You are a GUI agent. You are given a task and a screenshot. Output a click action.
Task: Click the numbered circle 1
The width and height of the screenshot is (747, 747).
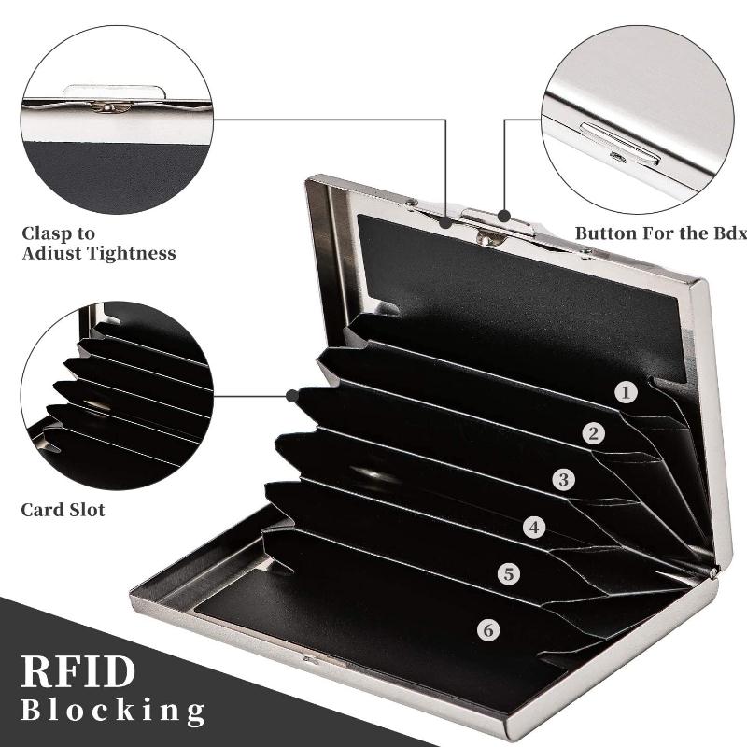pos(627,392)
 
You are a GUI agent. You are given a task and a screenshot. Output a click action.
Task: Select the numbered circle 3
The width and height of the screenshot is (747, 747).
pos(562,480)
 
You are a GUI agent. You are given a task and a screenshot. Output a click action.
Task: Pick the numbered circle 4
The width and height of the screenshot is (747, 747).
pos(534,528)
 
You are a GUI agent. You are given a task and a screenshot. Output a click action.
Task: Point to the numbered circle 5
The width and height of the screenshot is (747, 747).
pos(508,573)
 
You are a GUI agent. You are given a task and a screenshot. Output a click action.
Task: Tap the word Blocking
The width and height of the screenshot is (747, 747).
pos(113,712)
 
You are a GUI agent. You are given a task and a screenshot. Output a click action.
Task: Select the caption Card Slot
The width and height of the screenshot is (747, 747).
pos(63,510)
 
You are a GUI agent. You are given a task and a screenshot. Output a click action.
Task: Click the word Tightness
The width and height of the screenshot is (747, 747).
pos(130,253)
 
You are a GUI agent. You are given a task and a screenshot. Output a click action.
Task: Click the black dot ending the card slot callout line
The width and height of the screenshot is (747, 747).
pos(290,395)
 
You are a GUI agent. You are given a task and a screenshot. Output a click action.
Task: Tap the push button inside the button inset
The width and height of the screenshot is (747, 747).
pos(615,145)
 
